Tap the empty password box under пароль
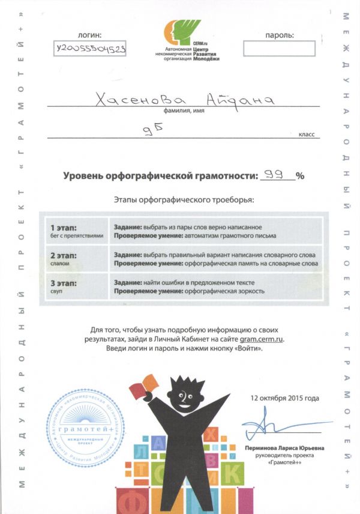click(x=279, y=48)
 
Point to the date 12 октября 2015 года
click(x=286, y=398)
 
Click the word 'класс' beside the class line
click(x=306, y=135)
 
